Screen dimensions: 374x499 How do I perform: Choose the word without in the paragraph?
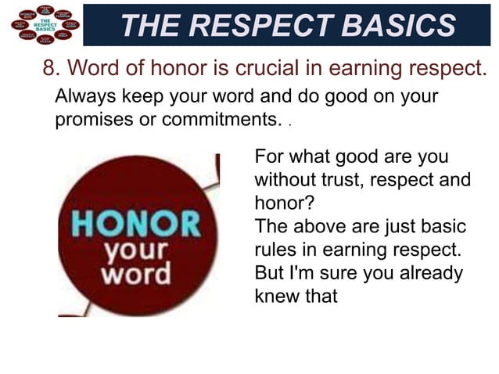pyautogui.click(x=287, y=180)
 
